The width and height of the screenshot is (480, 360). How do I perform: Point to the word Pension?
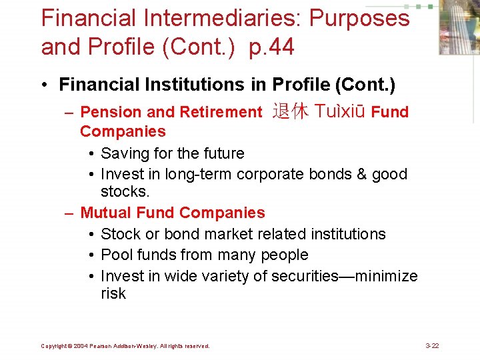(x=109, y=112)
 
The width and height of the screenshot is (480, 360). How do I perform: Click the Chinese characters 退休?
(x=290, y=111)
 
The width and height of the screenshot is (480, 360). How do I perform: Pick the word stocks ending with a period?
(x=125, y=192)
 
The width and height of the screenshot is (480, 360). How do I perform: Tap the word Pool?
(x=115, y=255)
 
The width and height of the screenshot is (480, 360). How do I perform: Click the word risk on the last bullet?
(x=113, y=293)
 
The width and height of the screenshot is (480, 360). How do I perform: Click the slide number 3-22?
(x=432, y=346)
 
